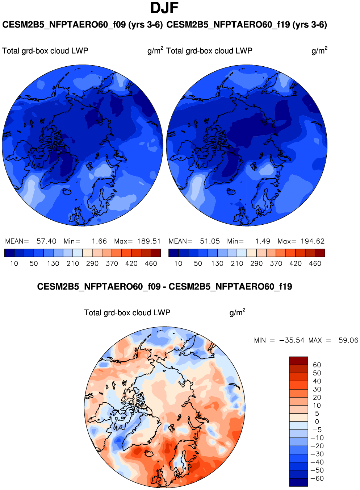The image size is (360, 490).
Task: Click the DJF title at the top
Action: (164, 8)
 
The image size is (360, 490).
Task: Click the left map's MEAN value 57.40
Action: (46, 241)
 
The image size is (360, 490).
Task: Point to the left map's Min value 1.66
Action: (99, 241)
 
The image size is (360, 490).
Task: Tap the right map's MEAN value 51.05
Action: (210, 241)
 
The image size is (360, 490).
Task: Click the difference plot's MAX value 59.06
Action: (348, 340)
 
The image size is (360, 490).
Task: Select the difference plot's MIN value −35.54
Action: (292, 340)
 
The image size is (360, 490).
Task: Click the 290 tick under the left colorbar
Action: (92, 263)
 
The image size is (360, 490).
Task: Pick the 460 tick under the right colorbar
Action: (315, 263)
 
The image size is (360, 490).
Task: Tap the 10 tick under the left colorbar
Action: (14, 263)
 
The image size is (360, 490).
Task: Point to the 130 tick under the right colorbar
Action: (217, 263)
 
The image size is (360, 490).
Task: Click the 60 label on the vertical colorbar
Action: (317, 365)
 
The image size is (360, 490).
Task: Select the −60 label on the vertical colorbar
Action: (317, 478)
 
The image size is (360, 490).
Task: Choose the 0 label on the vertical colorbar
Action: (317, 422)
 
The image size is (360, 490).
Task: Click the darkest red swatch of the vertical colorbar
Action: (298, 361)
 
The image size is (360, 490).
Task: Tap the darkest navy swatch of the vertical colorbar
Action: (298, 482)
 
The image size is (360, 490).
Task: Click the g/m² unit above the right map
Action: (319, 50)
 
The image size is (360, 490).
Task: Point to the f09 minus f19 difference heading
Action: (164, 287)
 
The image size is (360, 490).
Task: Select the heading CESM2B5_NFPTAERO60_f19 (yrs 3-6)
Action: (247, 25)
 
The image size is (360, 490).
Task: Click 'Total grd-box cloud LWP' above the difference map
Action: (127, 312)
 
